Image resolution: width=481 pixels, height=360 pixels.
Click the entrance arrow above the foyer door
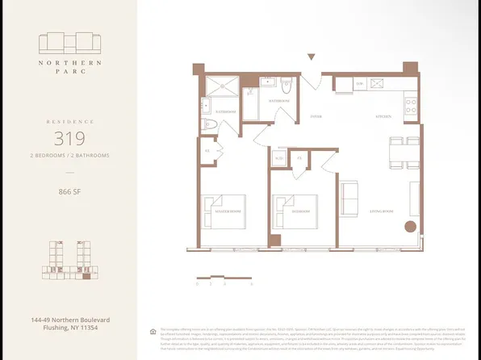click(x=312, y=57)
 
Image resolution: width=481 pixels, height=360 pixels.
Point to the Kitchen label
click(x=383, y=117)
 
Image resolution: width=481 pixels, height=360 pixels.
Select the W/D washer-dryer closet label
click(x=279, y=158)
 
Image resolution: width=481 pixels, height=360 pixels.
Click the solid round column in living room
click(x=410, y=227)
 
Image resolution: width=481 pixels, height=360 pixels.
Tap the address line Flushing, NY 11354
click(x=69, y=329)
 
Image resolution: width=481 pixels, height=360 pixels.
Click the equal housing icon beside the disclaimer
click(x=153, y=331)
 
